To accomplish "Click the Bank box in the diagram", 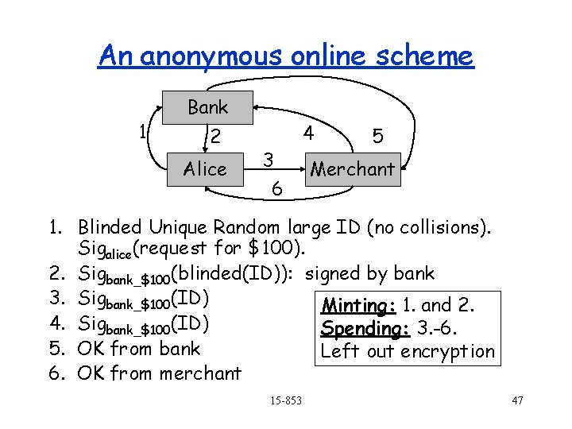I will [207, 107].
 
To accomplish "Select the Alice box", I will [205, 169].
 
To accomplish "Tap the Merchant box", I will [352, 169].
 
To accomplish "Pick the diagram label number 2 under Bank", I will [214, 137].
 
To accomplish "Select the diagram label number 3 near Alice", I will [269, 159].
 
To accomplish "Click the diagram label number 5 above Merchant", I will [378, 137].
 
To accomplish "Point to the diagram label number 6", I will [275, 189].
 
